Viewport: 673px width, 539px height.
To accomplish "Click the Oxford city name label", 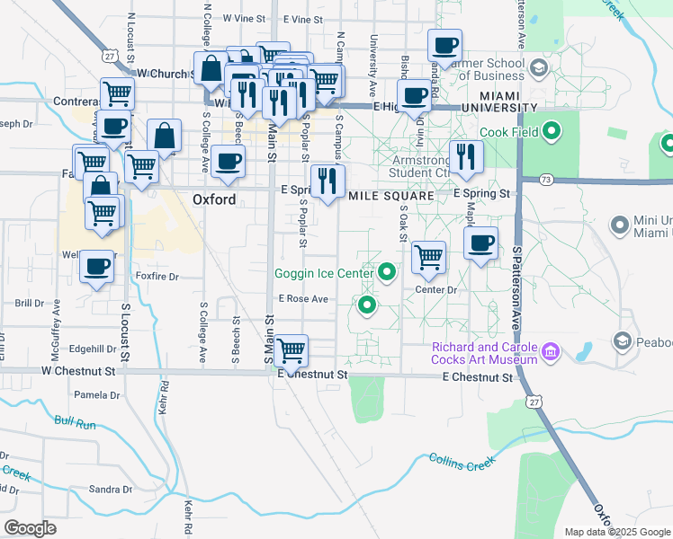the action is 214,199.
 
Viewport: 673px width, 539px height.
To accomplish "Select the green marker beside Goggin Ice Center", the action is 388,270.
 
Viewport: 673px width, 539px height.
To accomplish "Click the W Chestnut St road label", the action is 78,370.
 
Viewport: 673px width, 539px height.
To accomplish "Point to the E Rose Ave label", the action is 303,299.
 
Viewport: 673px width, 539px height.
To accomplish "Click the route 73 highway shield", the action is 546,180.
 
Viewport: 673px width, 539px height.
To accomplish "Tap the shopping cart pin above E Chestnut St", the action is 291,349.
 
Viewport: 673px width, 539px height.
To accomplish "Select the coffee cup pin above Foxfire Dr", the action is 96,266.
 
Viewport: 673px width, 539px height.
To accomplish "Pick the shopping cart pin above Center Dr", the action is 429,257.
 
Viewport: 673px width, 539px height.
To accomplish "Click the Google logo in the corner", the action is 30,527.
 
